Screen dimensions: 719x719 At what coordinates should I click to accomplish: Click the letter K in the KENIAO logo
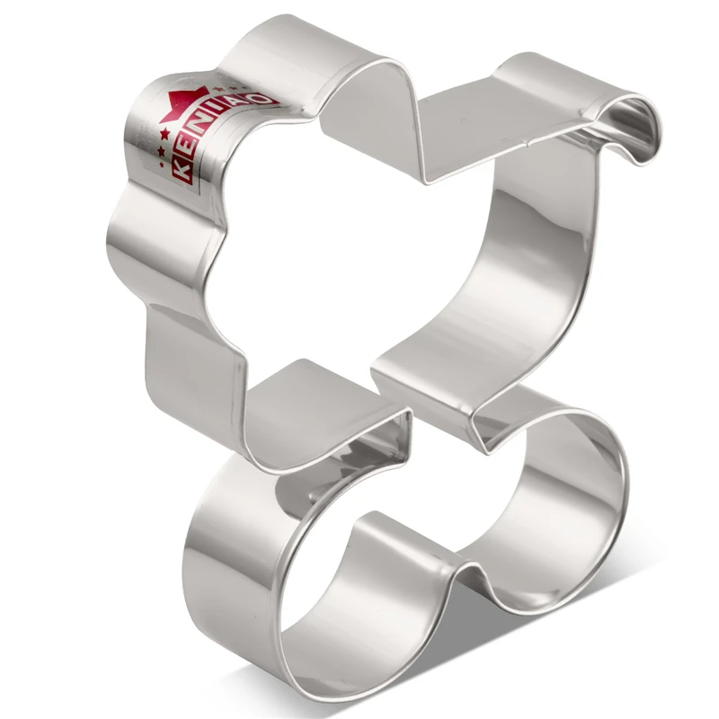[182, 170]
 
